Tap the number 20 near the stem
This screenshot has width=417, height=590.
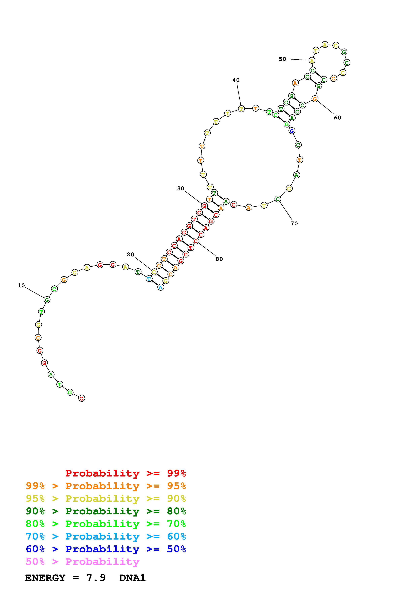[x=131, y=254]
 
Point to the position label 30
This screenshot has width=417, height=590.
[x=181, y=188]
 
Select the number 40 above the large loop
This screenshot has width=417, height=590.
[x=236, y=80]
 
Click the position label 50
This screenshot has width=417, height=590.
[x=283, y=59]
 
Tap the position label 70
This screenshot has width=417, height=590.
[x=294, y=223]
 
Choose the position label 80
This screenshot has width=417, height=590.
[x=219, y=259]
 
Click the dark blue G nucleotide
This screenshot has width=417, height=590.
[x=292, y=131]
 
